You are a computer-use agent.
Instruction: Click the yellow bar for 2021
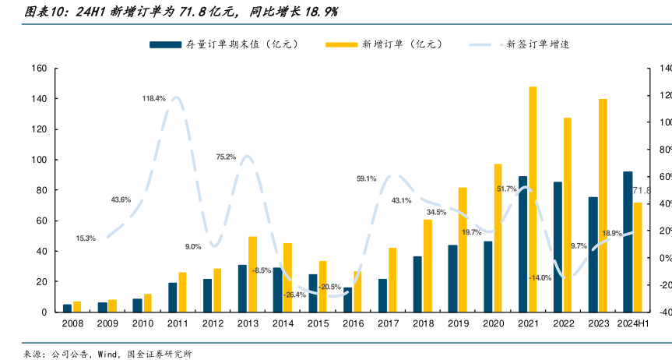point(533,199)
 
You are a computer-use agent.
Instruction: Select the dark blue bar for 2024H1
point(628,242)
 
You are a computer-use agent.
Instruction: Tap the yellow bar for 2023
point(603,205)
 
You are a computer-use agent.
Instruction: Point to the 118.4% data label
point(153,98)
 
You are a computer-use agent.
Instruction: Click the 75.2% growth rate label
point(226,157)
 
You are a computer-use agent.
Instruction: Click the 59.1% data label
point(366,178)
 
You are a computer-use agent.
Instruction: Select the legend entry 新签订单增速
point(537,44)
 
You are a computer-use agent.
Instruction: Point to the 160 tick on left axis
point(40,69)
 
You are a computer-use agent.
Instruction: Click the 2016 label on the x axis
point(353,323)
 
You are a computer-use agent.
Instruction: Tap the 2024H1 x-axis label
point(632,323)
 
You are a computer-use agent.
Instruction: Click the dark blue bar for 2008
point(67,308)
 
